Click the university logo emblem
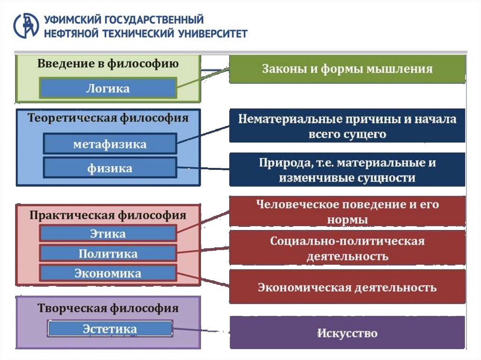(x=26, y=26)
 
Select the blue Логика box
(x=108, y=88)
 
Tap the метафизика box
(x=110, y=144)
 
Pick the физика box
(x=110, y=168)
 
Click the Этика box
(x=108, y=233)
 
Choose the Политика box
(x=108, y=253)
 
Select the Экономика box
(x=108, y=273)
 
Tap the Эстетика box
(x=110, y=329)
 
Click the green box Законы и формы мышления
(x=347, y=69)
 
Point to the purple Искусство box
(x=347, y=333)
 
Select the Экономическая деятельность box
(x=347, y=287)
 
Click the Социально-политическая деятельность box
(x=347, y=248)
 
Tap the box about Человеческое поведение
(x=347, y=212)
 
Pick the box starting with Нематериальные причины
(x=347, y=126)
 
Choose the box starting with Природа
(x=347, y=170)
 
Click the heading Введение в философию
(x=108, y=64)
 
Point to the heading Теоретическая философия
(x=108, y=118)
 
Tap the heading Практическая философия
(x=108, y=215)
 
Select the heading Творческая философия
(x=108, y=308)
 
